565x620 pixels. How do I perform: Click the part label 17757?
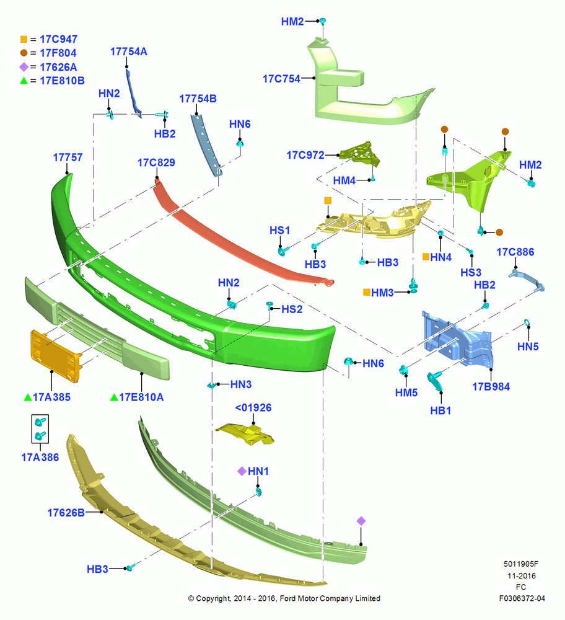click(68, 157)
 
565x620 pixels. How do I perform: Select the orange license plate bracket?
click(56, 356)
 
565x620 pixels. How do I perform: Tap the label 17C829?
click(156, 162)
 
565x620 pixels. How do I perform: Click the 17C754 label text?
click(282, 79)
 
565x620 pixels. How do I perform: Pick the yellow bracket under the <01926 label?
click(245, 434)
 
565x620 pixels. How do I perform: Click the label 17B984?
click(491, 387)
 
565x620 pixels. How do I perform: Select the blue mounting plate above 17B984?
click(458, 340)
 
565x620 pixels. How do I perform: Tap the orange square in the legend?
click(24, 39)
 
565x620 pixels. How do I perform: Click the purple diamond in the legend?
click(24, 67)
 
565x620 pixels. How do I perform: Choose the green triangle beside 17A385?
click(28, 397)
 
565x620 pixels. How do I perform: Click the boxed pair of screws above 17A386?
click(40, 428)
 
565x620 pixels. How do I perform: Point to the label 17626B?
click(66, 513)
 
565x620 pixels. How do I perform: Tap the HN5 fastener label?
click(528, 347)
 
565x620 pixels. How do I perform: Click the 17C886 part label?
click(515, 252)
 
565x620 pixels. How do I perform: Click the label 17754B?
click(198, 99)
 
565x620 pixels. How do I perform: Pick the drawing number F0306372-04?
click(522, 598)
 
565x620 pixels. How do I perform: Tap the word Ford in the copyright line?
click(287, 598)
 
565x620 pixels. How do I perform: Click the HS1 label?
click(280, 230)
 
